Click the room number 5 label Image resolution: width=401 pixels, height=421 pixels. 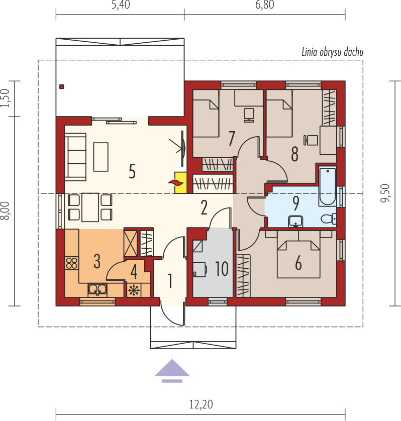132,171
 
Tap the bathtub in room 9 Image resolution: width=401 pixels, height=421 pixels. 328,186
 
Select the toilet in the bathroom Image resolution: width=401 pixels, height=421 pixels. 329,219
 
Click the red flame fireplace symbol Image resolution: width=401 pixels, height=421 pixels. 176,183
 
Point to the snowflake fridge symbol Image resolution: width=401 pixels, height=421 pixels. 134,290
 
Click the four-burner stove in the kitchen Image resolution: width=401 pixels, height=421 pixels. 72,263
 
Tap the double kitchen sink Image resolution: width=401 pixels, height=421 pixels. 97,290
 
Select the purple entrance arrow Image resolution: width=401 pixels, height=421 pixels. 172,371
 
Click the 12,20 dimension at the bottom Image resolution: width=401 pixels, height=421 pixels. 201,404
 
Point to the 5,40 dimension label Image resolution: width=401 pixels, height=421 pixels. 121,5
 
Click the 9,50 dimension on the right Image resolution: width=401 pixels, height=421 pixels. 385,193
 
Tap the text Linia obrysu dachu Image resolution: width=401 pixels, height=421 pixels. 332,52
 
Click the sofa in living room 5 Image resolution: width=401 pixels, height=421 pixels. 75,157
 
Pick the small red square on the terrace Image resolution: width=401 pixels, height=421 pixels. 62,86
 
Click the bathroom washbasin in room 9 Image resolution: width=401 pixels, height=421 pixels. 295,222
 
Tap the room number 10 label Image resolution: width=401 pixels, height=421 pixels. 222,268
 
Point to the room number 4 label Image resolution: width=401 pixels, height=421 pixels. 134,272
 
